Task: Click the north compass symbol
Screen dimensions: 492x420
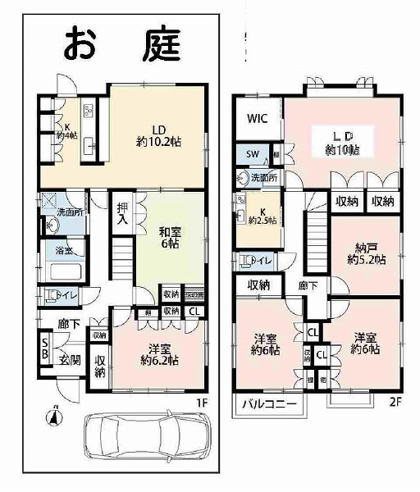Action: coord(54,417)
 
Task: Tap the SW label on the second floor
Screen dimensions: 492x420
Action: coord(253,154)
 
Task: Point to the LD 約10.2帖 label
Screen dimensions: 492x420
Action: coord(159,134)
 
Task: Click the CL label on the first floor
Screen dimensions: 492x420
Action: coord(194,311)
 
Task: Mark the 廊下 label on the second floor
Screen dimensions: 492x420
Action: coord(306,285)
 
